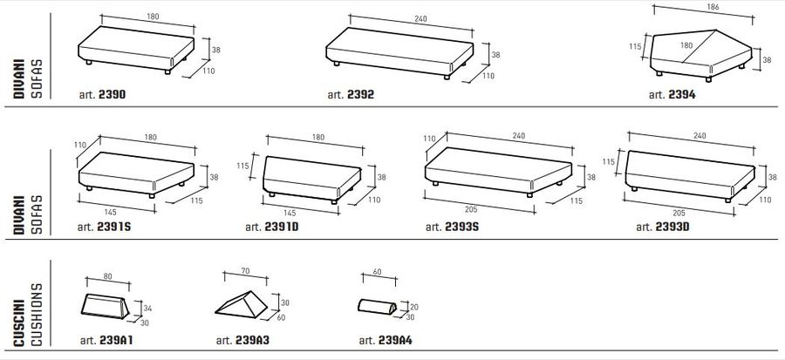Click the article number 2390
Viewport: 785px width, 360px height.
click(113, 94)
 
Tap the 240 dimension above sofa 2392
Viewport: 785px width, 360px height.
click(420, 19)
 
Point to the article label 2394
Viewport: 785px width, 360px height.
click(681, 94)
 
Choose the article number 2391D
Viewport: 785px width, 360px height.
click(282, 227)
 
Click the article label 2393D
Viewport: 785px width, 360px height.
click(672, 227)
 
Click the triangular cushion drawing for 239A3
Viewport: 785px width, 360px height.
click(242, 304)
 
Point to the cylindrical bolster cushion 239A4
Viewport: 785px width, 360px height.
click(378, 307)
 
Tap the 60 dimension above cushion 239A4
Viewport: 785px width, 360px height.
click(377, 272)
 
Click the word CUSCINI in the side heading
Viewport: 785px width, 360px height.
click(19, 323)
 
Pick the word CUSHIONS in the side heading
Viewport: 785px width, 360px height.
click(37, 315)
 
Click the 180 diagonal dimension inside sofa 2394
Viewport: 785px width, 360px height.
click(686, 45)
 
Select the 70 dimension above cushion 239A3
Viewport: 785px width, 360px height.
click(245, 271)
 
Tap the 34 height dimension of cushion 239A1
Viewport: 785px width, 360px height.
click(147, 309)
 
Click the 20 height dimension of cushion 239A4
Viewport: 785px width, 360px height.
click(414, 307)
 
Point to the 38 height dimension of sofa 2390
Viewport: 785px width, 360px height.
click(215, 50)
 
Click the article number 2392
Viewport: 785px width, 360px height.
click(360, 94)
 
